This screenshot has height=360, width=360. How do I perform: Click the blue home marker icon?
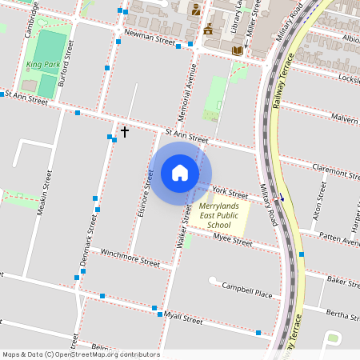click(180, 173)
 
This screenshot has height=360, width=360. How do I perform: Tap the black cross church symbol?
click(124, 130)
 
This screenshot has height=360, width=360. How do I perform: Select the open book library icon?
click(237, 50)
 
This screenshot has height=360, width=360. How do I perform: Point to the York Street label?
click(230, 193)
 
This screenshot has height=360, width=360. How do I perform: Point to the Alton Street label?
click(319, 201)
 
